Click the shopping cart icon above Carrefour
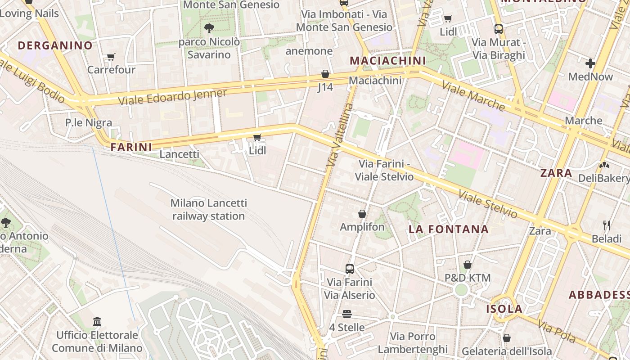(x=111, y=57)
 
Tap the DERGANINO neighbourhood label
(x=55, y=45)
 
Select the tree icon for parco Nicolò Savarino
(x=209, y=29)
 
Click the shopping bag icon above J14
(x=325, y=74)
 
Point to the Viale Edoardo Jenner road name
(x=172, y=97)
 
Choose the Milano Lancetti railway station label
(x=208, y=210)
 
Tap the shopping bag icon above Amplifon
(x=362, y=214)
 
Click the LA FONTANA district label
(x=448, y=229)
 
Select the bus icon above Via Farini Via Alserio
(x=350, y=269)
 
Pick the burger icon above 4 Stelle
(x=346, y=314)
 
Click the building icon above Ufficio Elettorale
(x=97, y=321)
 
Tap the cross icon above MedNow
(x=590, y=63)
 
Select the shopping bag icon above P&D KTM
(x=468, y=265)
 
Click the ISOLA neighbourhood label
(x=504, y=309)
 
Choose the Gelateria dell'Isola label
(x=507, y=351)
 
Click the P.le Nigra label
(x=89, y=122)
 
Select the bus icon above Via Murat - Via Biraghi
(x=498, y=29)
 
